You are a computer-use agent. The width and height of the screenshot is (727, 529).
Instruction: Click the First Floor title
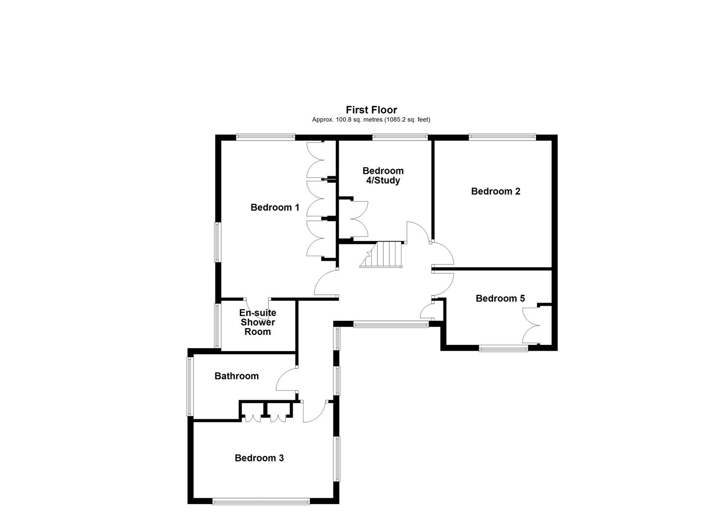click(x=371, y=110)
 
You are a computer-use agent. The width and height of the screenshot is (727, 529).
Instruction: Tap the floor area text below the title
click(x=371, y=120)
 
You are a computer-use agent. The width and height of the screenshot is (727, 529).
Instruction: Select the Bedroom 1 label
click(x=275, y=207)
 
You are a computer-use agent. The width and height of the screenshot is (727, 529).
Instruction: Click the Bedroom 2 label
click(x=495, y=191)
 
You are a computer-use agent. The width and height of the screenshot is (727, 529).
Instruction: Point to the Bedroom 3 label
click(x=259, y=458)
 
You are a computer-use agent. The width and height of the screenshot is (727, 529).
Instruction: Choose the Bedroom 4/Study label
click(x=383, y=175)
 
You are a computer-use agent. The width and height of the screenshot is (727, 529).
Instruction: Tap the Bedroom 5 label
click(x=500, y=298)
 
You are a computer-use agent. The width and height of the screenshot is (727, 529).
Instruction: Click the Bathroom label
click(x=236, y=376)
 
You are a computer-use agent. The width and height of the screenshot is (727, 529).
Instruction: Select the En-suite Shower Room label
click(x=258, y=322)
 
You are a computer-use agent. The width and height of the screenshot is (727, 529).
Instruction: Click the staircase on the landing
click(x=383, y=255)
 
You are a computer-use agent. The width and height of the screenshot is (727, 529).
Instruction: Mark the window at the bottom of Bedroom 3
click(x=261, y=501)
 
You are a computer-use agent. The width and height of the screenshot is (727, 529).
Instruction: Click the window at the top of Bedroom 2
click(x=501, y=137)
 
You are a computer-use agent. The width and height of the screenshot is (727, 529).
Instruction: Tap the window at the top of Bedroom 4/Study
click(x=400, y=137)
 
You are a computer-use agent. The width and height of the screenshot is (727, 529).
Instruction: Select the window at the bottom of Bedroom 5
click(x=503, y=348)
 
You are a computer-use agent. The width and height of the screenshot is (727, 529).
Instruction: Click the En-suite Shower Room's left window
click(x=217, y=325)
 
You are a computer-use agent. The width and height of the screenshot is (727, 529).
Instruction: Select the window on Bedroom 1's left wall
click(x=217, y=242)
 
